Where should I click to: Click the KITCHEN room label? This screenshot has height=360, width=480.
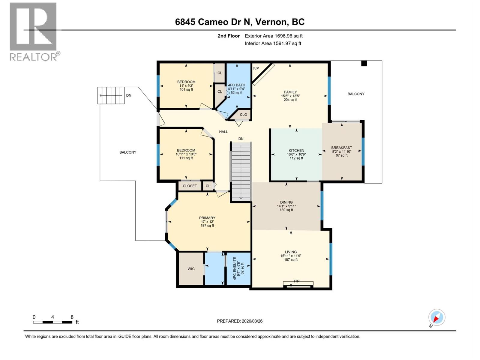click(296, 151)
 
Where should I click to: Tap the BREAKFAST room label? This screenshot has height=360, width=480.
click(341, 148)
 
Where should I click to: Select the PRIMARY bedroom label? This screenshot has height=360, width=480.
click(207, 218)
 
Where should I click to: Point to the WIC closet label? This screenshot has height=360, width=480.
click(191, 269)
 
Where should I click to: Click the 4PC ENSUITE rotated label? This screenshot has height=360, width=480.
click(235, 268)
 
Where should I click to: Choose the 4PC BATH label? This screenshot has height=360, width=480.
click(236, 85)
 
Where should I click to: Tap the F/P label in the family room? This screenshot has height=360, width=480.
click(256, 68)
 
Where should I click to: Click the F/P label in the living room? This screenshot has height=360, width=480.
click(296, 281)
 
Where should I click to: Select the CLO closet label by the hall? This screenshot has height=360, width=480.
click(243, 115)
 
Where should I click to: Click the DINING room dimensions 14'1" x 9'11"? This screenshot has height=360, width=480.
click(286, 206)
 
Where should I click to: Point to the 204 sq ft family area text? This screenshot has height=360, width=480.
click(290, 100)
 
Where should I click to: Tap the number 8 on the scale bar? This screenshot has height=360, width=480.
click(72, 317)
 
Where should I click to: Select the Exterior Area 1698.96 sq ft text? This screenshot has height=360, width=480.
click(274, 36)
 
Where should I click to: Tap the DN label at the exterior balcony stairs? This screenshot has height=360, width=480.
click(128, 95)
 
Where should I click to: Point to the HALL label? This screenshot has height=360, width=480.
click(223, 132)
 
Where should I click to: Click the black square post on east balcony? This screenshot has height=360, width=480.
click(364, 63)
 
